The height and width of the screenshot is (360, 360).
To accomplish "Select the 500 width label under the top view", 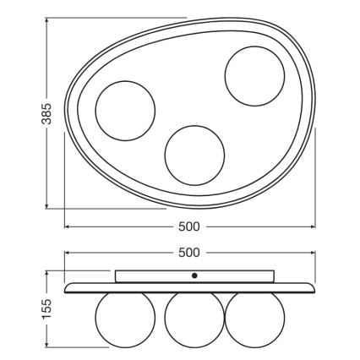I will (189, 226).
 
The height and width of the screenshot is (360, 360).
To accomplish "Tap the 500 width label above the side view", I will (189, 253).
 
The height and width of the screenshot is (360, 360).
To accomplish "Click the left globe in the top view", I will (125, 111).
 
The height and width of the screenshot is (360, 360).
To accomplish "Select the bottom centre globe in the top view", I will (194, 154).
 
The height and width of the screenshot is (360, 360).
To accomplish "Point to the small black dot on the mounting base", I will (194, 275).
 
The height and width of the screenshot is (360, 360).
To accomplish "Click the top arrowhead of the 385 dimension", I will (46, 19).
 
